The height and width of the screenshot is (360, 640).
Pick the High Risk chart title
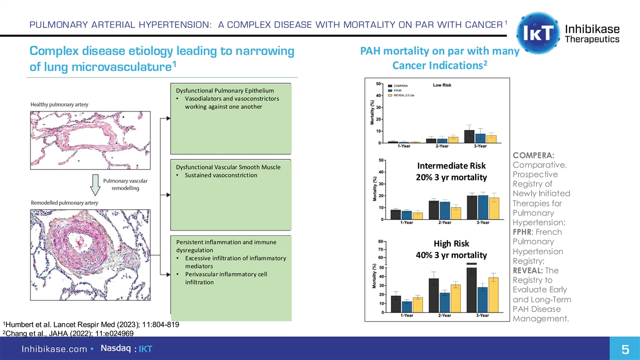tap(451, 244)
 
